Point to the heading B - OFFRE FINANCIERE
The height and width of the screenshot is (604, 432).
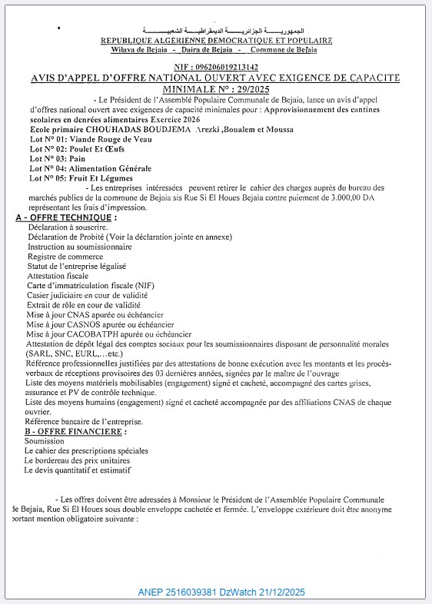pyautogui.click(x=69, y=432)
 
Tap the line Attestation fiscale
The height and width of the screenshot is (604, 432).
pyautogui.click(x=58, y=275)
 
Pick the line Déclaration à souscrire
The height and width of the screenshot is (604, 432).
pyautogui.click(x=68, y=227)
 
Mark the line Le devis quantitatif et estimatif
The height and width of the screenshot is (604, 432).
pyautogui.click(x=78, y=469)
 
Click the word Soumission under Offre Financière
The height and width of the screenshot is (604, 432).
pyautogui.click(x=45, y=441)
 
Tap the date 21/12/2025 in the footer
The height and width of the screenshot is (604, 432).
pyautogui.click(x=277, y=592)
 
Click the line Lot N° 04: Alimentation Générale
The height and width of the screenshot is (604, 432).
pyautogui.click(x=91, y=168)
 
